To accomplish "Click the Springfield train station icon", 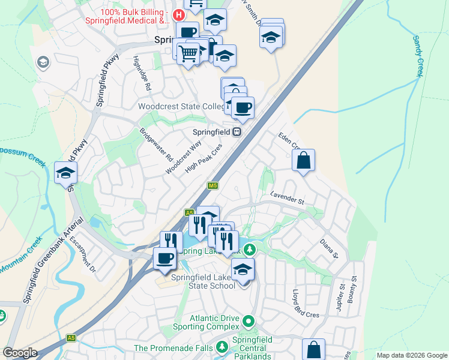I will click(238, 132).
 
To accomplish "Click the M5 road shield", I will click(212, 186).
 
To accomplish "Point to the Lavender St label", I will click(288, 197).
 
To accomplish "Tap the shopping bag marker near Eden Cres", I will click(304, 161).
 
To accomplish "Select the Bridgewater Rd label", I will click(156, 145).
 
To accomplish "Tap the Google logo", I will click(20, 353).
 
